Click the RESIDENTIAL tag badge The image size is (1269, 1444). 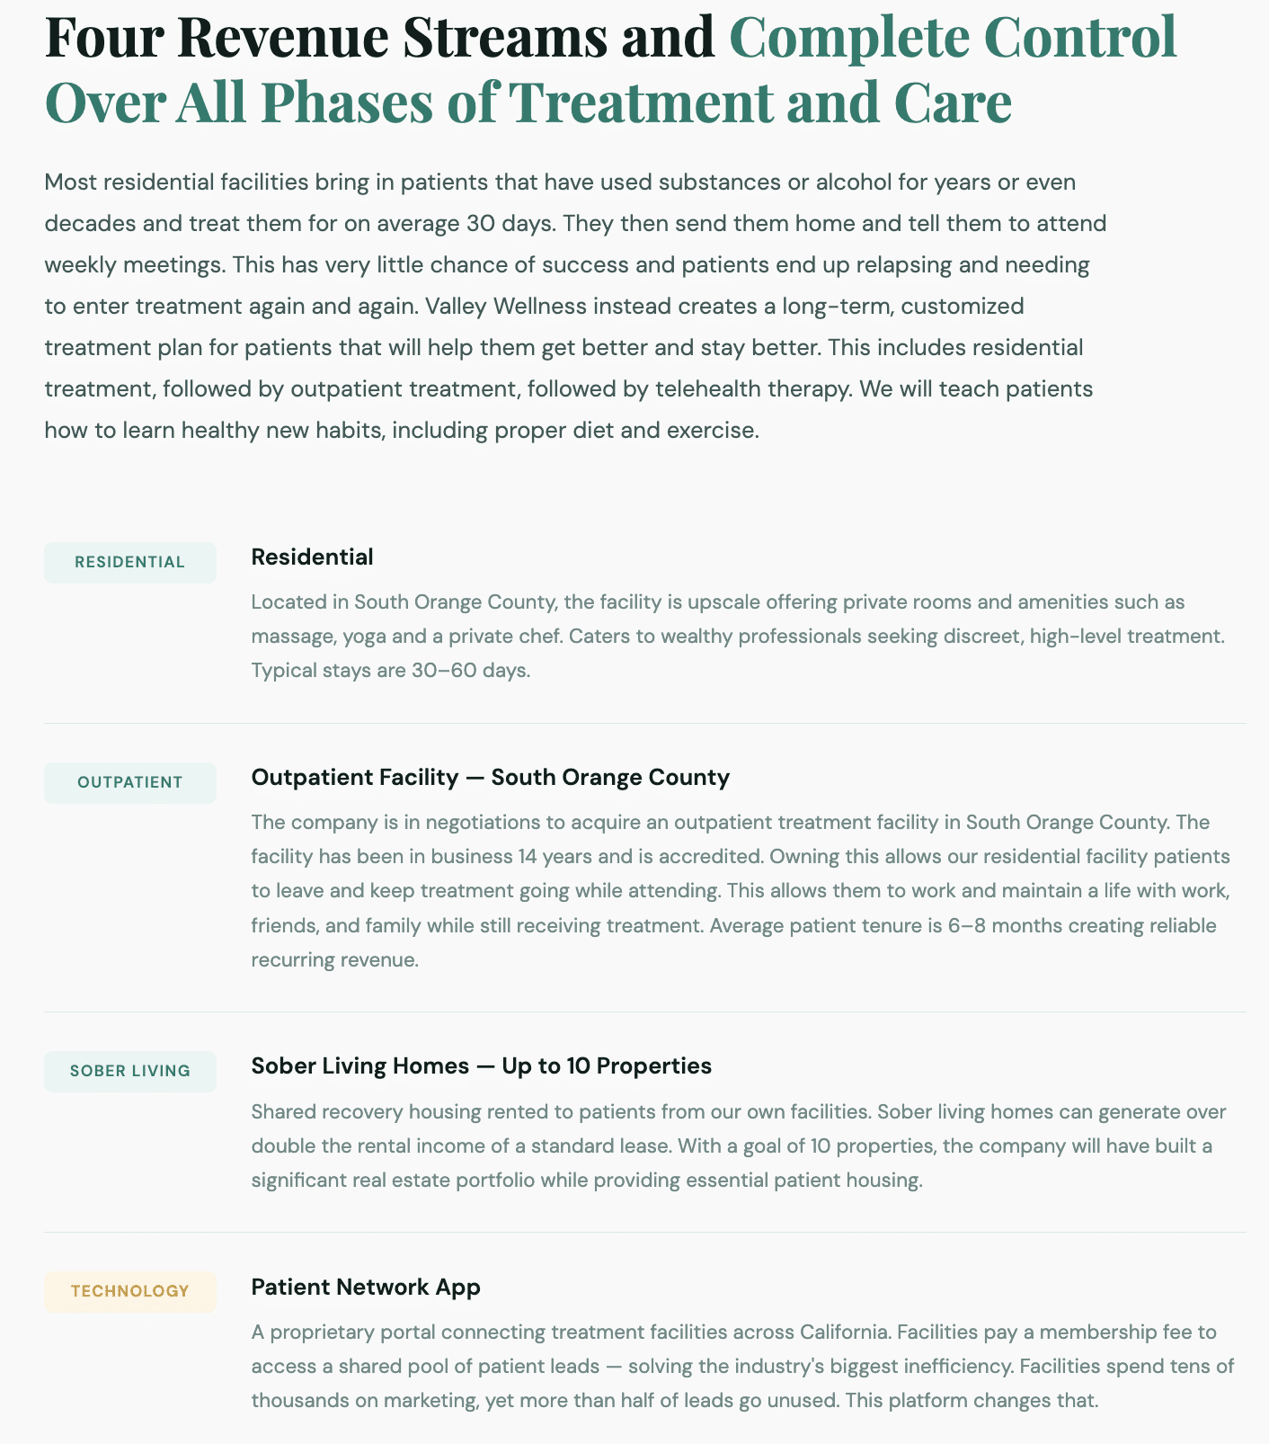(130, 563)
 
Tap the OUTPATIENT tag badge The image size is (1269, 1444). (130, 783)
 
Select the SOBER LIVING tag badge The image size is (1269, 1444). (130, 1072)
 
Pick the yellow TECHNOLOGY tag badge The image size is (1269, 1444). (130, 1292)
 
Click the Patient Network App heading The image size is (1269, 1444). (366, 1288)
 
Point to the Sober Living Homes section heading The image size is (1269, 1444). (481, 1066)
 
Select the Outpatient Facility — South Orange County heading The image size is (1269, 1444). (490, 778)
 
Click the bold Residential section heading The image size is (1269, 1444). (312, 557)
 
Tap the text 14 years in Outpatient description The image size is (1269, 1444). (555, 856)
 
